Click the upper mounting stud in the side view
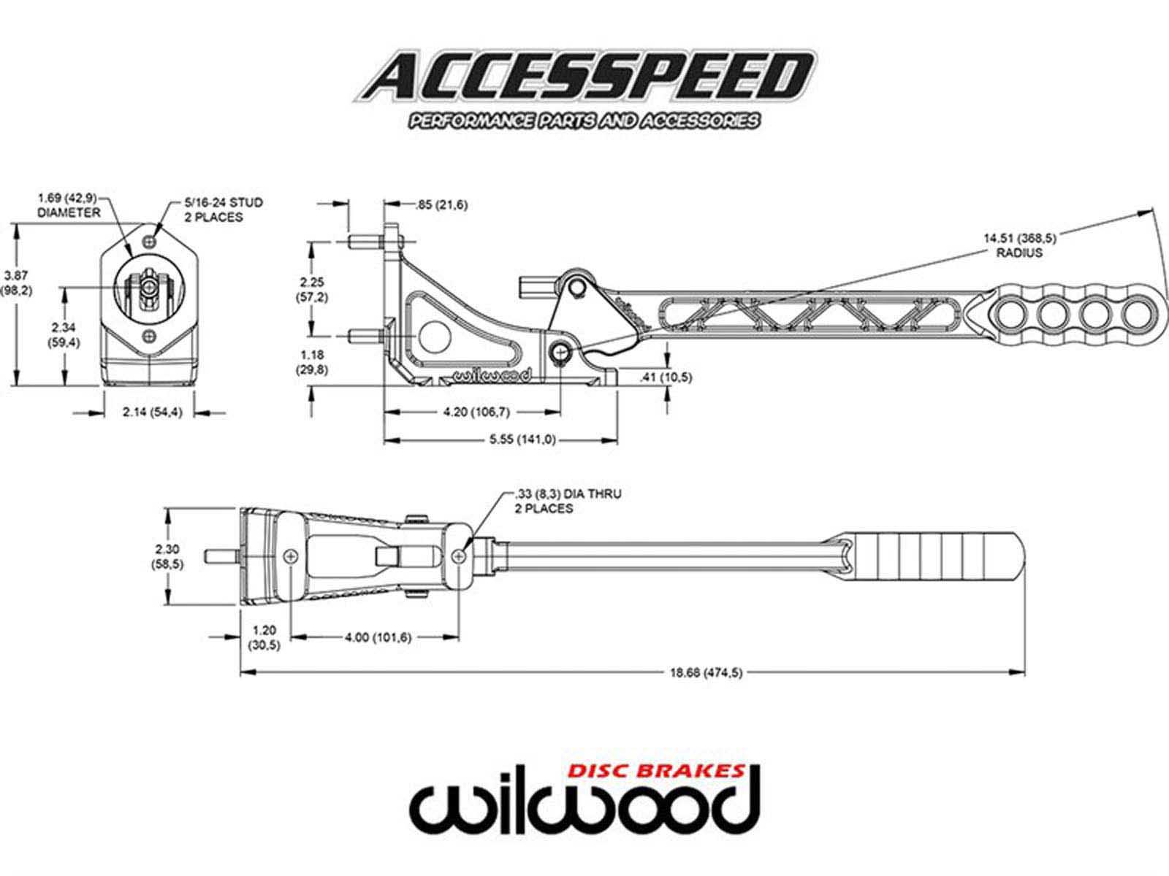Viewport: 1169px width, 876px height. [x=365, y=241]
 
